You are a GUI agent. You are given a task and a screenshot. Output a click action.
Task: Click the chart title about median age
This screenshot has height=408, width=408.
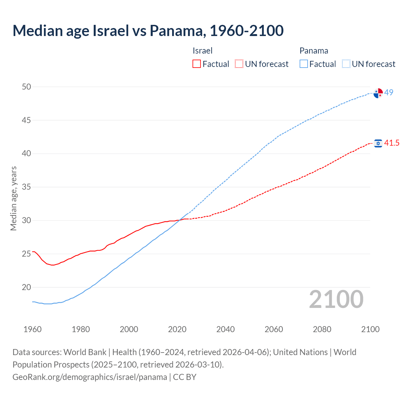148,31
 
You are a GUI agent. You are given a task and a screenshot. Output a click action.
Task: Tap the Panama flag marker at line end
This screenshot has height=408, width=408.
378,93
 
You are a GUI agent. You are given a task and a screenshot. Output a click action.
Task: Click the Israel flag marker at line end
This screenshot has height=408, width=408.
378,143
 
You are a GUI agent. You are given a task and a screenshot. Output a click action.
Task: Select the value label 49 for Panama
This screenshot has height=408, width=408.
389,92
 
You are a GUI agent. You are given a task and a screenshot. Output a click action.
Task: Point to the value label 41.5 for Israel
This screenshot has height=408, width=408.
391,143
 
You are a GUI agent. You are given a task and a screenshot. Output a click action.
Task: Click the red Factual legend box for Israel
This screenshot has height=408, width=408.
197,64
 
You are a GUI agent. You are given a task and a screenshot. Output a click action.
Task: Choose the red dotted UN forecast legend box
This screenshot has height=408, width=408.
239,64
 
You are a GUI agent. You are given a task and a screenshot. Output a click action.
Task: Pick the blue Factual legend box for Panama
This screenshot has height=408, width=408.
304,64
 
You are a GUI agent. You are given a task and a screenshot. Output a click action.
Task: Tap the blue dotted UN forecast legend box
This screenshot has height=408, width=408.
346,64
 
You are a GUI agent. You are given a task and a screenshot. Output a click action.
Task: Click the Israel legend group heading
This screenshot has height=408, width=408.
202,51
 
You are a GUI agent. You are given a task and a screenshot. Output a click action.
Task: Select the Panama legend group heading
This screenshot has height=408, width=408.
314,51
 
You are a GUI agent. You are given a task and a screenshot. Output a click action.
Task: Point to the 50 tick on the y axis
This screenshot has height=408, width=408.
26,87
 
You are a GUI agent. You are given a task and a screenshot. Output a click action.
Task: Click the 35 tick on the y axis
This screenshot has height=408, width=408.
26,187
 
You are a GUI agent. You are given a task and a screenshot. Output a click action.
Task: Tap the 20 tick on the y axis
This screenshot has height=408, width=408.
26,287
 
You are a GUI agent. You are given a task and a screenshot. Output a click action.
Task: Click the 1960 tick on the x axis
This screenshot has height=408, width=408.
33,329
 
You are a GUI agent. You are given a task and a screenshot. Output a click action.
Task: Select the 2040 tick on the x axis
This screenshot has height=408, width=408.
225,329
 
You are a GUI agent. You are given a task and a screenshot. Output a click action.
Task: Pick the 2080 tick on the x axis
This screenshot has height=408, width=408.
322,329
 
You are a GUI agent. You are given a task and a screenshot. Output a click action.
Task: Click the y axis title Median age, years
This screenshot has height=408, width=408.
13,198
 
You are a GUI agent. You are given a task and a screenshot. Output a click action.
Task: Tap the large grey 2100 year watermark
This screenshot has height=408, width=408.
336,299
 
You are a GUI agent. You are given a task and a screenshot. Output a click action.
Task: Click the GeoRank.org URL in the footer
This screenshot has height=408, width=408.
90,377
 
